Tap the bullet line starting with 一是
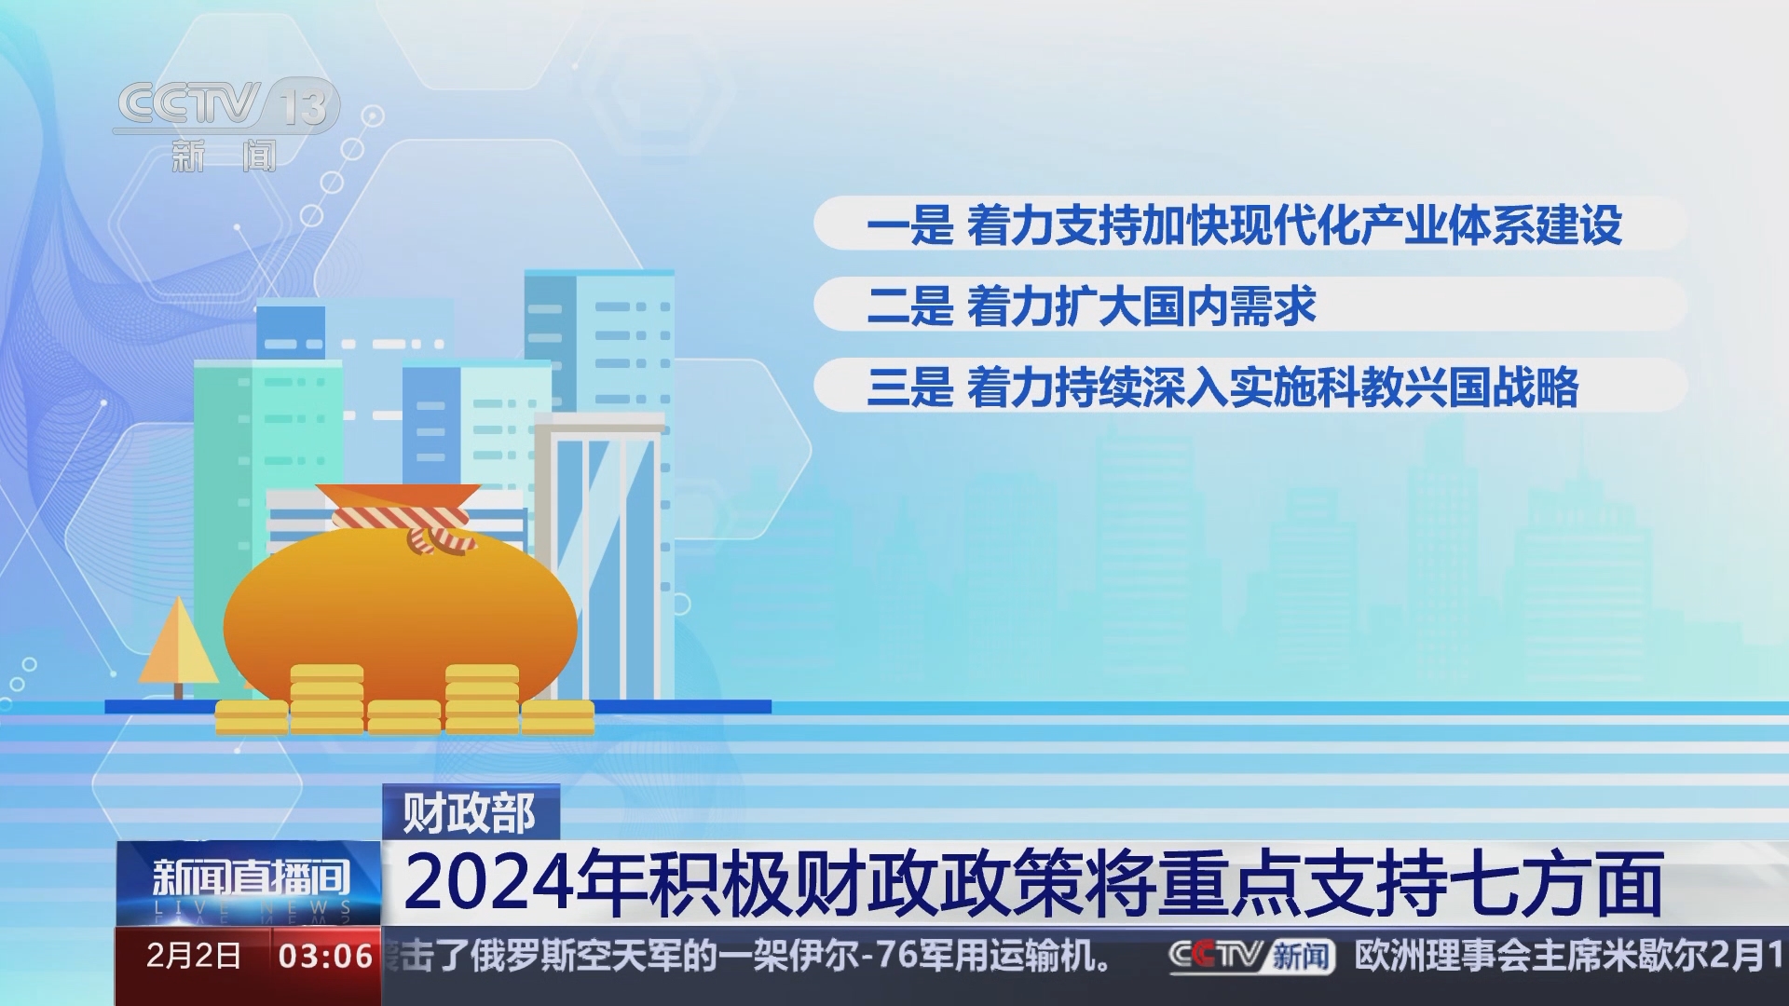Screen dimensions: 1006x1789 pyautogui.click(x=1244, y=224)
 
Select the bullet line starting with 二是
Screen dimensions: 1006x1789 pyautogui.click(x=1090, y=306)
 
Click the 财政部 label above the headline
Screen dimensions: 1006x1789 pyautogui.click(x=470, y=813)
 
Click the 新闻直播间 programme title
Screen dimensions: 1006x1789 pyautogui.click(x=250, y=877)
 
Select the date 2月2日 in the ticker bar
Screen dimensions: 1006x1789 pyautogui.click(x=194, y=956)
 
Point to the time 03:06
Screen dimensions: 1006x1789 pyautogui.click(x=325, y=956)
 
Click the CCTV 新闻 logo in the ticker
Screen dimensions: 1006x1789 pyautogui.click(x=1250, y=956)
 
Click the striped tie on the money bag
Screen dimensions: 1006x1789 pyautogui.click(x=410, y=526)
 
